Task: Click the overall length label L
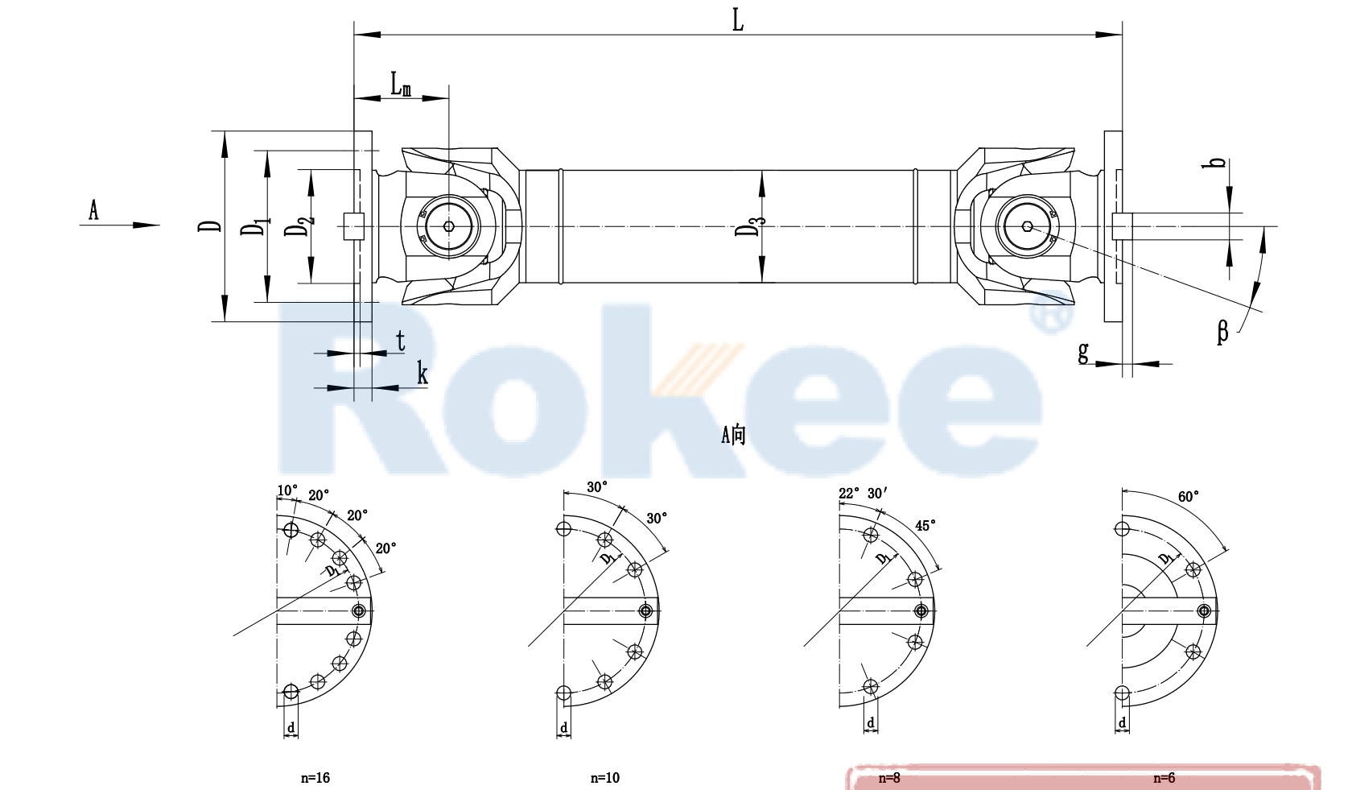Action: pos(737,20)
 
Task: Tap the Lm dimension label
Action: pos(401,84)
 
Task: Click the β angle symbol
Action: pos(1222,331)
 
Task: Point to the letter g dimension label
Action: pos(1083,351)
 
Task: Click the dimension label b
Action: pos(1218,162)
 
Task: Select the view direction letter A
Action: pos(93,211)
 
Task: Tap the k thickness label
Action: pos(422,374)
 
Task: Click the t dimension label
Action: pos(400,341)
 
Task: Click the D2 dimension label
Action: pos(297,226)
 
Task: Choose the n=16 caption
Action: pos(315,778)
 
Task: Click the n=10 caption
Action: pos(604,778)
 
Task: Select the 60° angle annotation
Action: pos(1188,497)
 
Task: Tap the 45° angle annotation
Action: pos(925,526)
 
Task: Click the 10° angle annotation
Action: pos(287,490)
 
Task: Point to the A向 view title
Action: pos(733,435)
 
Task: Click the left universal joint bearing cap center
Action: pos(449,226)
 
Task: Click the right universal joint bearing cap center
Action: pos(1028,226)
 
